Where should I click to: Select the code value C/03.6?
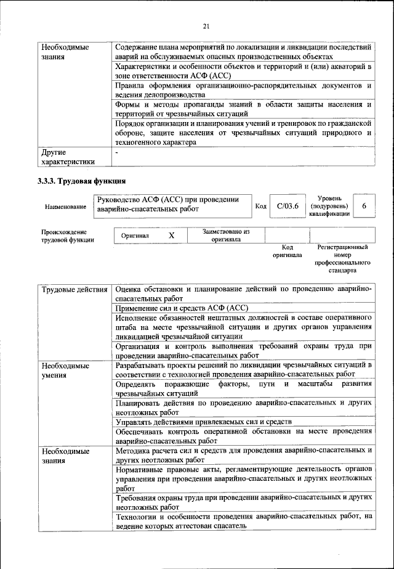[287, 206]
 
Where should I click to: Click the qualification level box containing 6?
[364, 206]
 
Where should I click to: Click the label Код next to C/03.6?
[260, 206]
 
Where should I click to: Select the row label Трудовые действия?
[75, 289]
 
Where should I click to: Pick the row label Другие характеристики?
[68, 156]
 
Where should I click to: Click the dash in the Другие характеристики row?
[116, 152]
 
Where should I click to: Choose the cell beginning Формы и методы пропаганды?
[243, 109]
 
